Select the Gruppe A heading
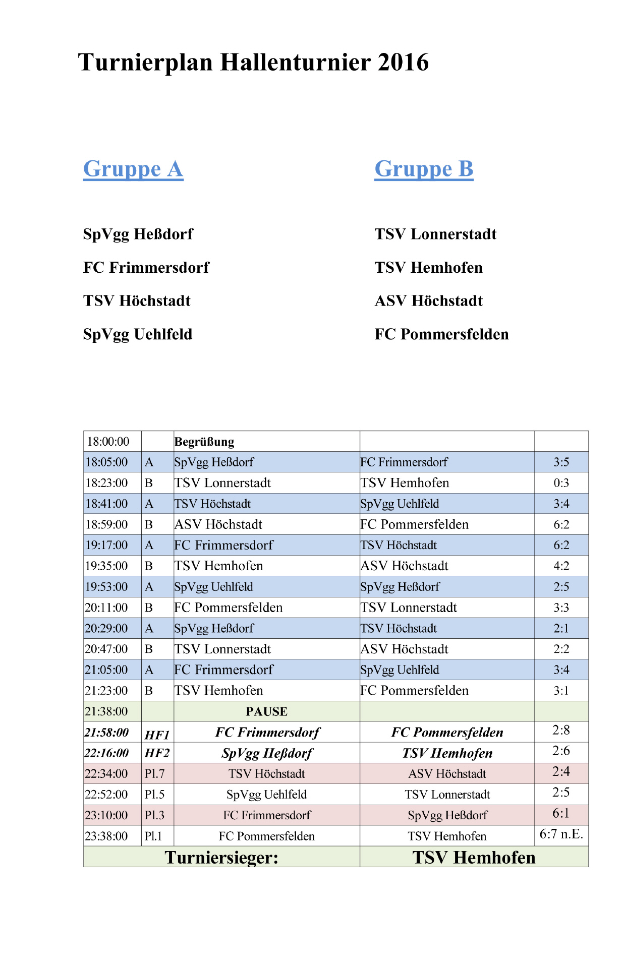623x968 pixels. coord(133,169)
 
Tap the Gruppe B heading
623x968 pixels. coord(424,169)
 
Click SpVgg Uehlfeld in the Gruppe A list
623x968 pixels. coord(138,334)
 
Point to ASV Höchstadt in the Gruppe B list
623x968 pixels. coord(429,301)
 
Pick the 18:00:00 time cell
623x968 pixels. coord(108,442)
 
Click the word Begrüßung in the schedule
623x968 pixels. coord(204,442)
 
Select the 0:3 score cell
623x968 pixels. coord(561,483)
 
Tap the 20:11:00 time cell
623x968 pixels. coord(106,608)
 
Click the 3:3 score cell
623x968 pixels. coord(561,608)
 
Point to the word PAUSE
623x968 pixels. coord(266,711)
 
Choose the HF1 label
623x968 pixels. coord(157,735)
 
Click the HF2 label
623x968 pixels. coord(157,753)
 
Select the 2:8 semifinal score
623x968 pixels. coord(561,730)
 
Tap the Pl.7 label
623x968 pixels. coord(154,774)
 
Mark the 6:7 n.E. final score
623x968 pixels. coord(561,834)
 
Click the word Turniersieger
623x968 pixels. coord(221,857)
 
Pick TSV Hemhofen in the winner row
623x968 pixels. coord(474,857)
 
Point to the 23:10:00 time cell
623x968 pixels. coord(106,815)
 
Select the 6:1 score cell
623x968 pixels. coord(561,813)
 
